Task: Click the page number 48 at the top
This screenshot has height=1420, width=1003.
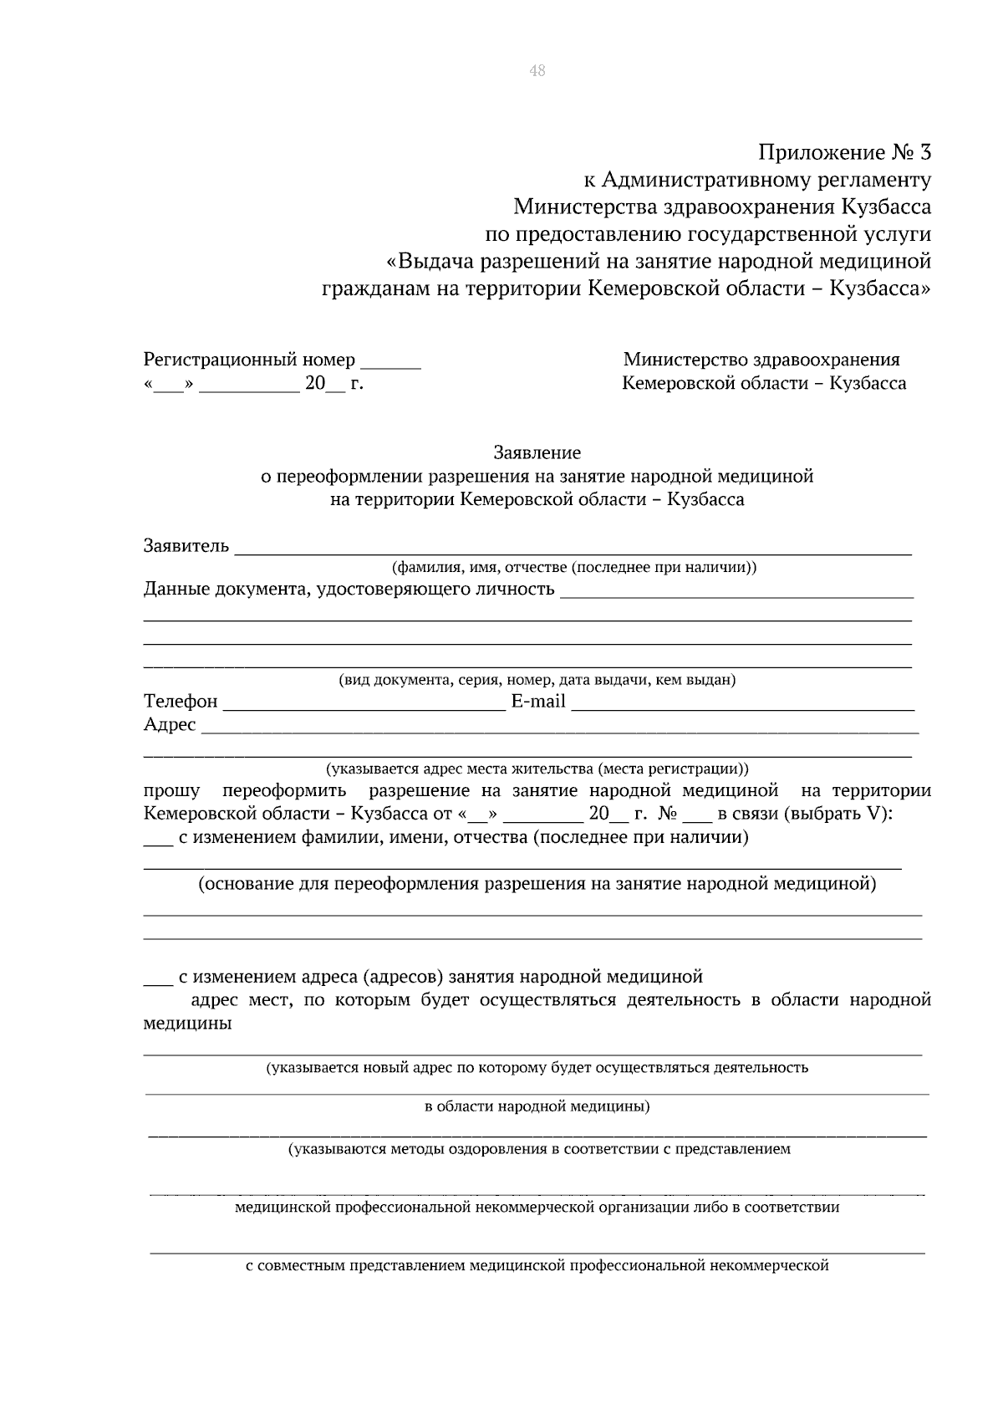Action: [x=537, y=71]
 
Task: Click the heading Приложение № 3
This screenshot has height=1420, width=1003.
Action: [x=843, y=153]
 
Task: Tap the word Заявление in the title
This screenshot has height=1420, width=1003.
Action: [x=537, y=452]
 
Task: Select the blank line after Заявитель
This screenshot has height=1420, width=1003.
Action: [x=573, y=549]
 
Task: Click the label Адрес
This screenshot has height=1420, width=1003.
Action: [x=170, y=724]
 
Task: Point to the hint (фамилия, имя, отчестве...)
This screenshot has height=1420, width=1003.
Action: [x=574, y=567]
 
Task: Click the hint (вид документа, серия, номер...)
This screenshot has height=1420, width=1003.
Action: [x=537, y=679]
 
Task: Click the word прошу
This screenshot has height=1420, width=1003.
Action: [x=171, y=791]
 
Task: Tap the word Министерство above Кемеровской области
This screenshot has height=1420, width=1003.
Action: [x=685, y=360]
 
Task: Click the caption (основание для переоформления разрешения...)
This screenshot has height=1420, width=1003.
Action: [x=537, y=884]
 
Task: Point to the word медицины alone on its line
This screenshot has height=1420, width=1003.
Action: [x=187, y=1023]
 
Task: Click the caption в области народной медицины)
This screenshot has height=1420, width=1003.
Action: [x=537, y=1106]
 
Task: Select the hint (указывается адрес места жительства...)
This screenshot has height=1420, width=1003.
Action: [x=537, y=768]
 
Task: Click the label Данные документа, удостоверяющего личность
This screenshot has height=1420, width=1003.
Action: [x=349, y=589]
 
